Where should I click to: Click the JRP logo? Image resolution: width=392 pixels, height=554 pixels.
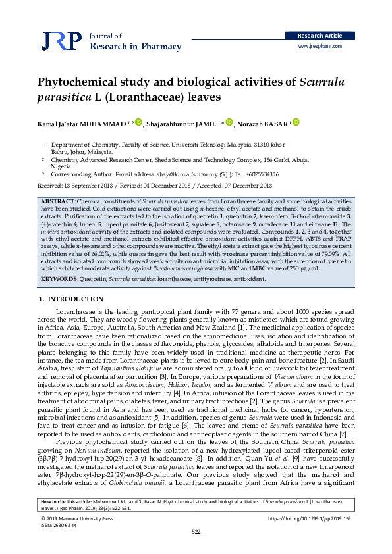(61, 41)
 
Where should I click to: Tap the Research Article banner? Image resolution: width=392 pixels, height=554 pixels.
(320, 35)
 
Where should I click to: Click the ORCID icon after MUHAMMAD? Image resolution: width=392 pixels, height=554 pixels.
(138, 122)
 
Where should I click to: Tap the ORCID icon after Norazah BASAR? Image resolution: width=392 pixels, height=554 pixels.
(296, 122)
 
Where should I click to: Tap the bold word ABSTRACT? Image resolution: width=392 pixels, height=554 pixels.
(57, 199)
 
